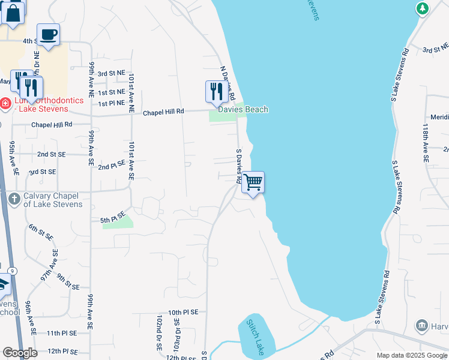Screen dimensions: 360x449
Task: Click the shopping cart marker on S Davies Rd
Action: tap(253, 182)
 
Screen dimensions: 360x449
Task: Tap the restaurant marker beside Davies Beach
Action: tap(215, 91)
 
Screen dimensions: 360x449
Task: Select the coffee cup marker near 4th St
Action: tap(48, 34)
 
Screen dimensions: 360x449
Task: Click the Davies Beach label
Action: tap(243, 110)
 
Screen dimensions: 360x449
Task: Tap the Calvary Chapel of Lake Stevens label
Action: tap(53, 200)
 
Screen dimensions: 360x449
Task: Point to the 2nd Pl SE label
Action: tap(112, 164)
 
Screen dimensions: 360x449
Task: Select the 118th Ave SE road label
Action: tap(425, 144)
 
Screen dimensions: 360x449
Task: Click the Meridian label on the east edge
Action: tap(439, 117)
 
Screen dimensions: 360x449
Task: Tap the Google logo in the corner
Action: tap(20, 353)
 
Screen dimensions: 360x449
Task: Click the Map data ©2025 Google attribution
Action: tap(412, 356)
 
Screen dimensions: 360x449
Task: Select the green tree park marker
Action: tap(423, 8)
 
